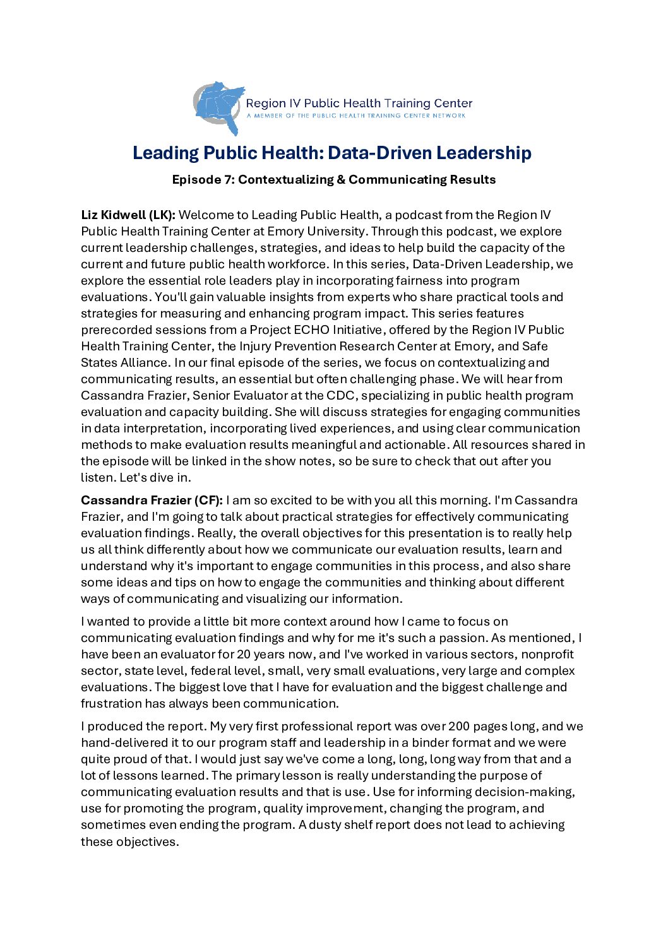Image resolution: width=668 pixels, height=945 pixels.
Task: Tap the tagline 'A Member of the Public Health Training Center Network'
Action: coord(356,116)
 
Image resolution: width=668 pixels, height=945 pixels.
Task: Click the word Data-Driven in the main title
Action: coord(380,153)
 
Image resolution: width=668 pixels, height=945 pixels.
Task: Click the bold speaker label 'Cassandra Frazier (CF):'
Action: coord(152,501)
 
